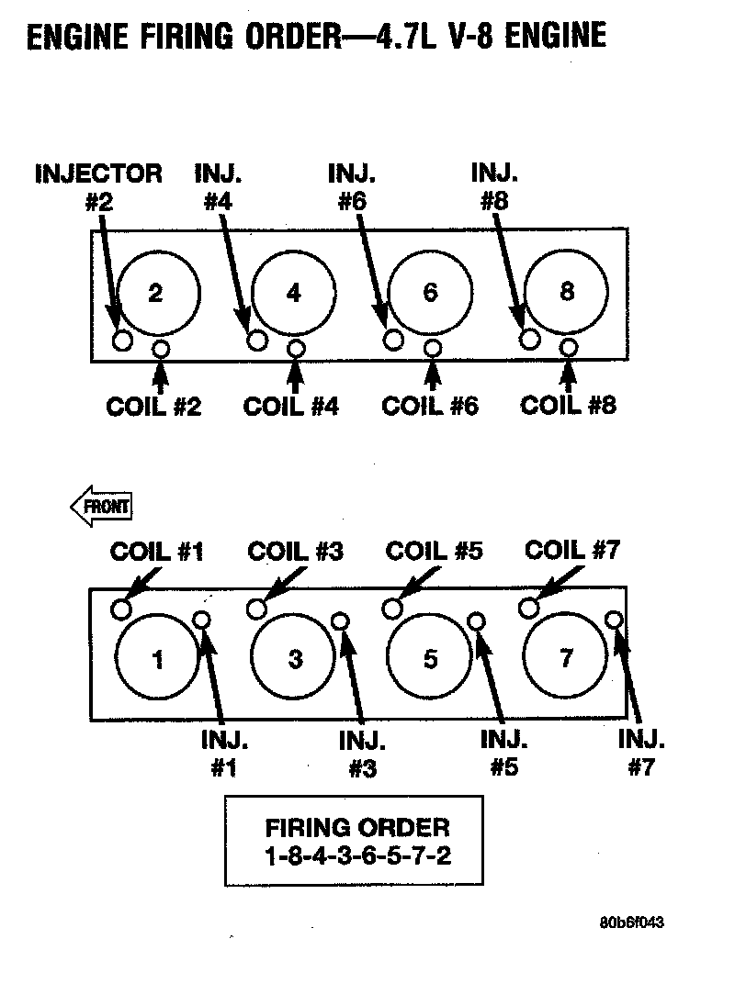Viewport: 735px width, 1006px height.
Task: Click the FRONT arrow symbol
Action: click(x=101, y=506)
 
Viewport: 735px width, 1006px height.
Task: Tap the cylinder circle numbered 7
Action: click(x=567, y=657)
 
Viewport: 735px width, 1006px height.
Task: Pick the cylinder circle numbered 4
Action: click(x=293, y=293)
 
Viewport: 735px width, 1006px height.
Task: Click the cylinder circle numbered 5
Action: click(x=430, y=658)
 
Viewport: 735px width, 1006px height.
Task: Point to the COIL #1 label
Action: click(x=157, y=551)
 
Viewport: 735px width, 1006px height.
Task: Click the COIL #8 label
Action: click(x=568, y=405)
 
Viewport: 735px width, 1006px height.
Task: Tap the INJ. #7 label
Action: click(x=641, y=754)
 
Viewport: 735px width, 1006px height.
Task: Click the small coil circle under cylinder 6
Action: click(x=432, y=348)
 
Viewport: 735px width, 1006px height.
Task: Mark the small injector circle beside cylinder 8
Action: click(x=529, y=340)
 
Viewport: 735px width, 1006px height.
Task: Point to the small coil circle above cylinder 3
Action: click(x=258, y=609)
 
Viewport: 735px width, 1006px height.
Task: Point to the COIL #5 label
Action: click(x=434, y=551)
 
